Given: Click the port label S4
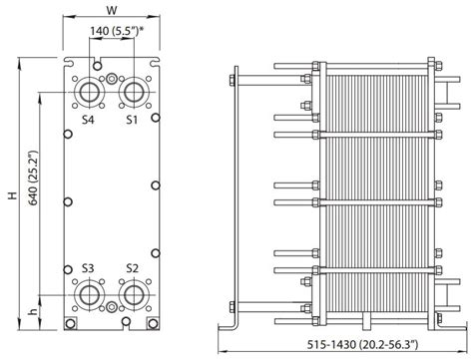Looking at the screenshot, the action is click(88, 120).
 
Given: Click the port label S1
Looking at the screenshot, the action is click(132, 120).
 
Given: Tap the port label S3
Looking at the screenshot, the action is click(88, 268).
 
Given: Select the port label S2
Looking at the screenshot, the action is click(132, 268).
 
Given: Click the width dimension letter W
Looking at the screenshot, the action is click(112, 10).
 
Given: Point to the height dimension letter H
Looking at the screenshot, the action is click(13, 195).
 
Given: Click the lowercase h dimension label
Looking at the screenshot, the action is click(33, 312).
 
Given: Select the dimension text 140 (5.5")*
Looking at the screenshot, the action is click(117, 31).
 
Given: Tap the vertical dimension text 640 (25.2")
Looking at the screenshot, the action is click(33, 178).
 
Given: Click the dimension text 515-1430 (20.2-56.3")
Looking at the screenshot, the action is click(362, 345).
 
